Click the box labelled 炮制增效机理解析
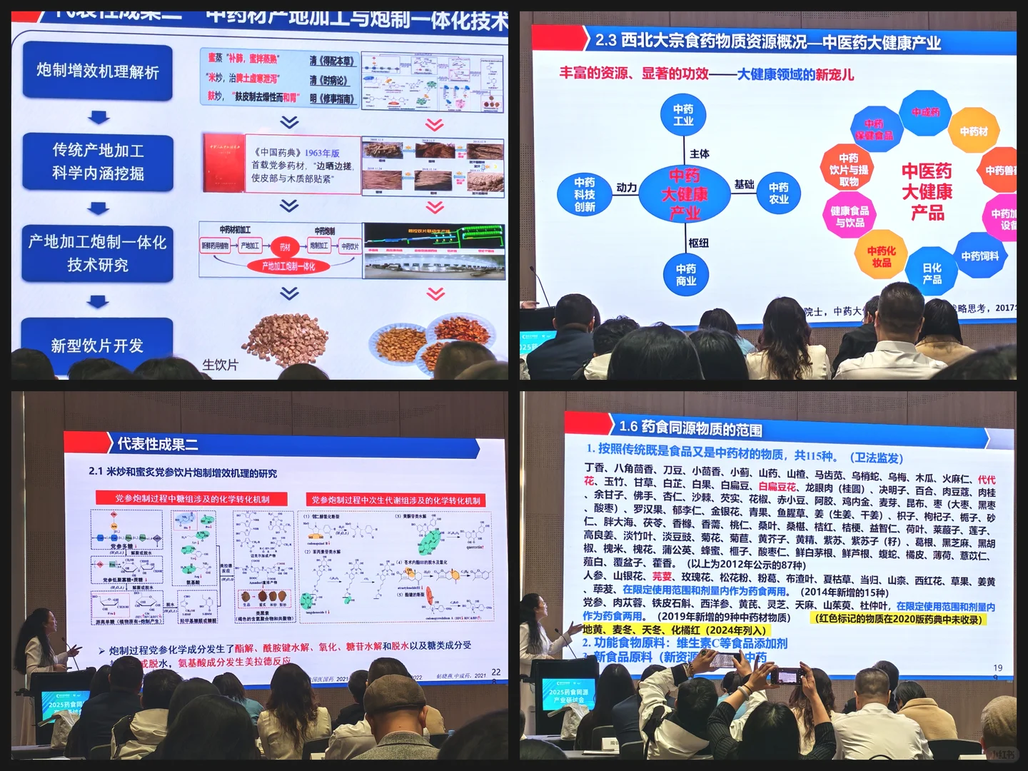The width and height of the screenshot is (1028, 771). [x=98, y=71]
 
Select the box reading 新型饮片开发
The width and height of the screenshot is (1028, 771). [x=97, y=346]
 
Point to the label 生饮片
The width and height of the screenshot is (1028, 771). [x=220, y=365]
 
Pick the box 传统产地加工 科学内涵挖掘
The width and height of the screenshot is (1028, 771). [x=98, y=161]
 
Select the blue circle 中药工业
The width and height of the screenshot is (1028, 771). [x=683, y=115]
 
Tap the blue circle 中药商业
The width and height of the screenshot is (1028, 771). [x=685, y=274]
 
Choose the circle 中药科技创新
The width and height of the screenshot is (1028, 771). [x=584, y=194]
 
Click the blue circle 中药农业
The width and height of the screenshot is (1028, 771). [x=778, y=193]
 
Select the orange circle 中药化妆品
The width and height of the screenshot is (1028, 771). [x=881, y=256]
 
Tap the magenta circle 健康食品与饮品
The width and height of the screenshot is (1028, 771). [x=850, y=216]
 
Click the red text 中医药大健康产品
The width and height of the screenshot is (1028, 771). [x=927, y=191]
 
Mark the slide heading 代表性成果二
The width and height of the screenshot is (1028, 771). [x=157, y=444]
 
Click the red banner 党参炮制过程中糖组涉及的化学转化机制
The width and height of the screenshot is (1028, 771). [x=192, y=498]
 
